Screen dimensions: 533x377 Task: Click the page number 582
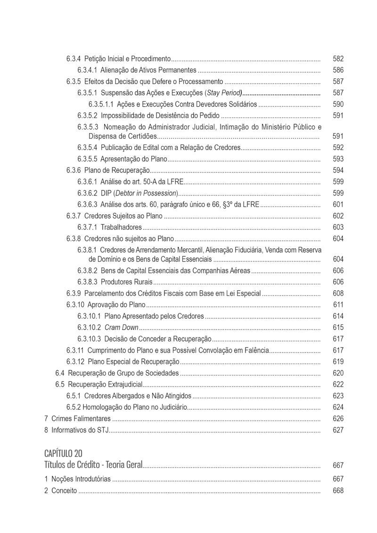tap(338, 59)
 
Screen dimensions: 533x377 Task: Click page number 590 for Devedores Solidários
tap(338, 104)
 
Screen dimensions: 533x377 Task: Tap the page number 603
tap(338, 227)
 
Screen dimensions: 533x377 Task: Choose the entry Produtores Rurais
tap(126, 282)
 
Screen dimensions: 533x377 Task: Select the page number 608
tap(338, 294)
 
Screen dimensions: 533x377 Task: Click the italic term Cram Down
tap(121, 328)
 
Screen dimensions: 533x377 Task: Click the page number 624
tap(338, 407)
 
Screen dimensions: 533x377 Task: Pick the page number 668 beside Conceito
tap(338, 491)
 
